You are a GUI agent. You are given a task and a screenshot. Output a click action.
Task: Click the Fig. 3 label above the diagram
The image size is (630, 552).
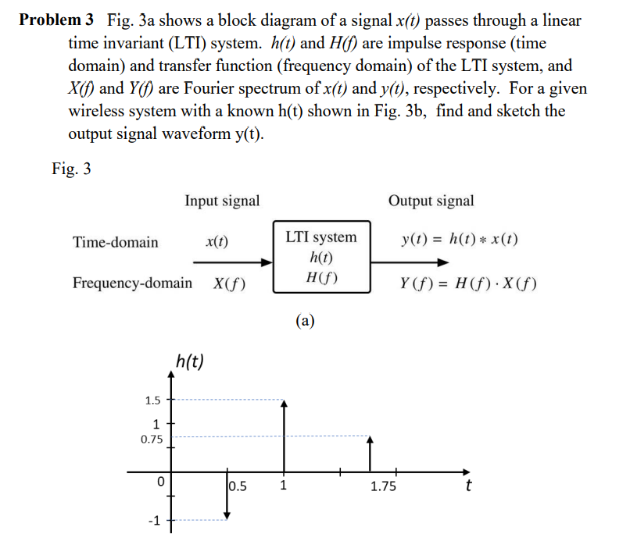click(71, 169)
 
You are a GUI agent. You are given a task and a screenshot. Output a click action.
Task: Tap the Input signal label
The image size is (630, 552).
click(222, 201)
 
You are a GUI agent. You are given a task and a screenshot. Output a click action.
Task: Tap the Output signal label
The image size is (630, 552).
click(431, 201)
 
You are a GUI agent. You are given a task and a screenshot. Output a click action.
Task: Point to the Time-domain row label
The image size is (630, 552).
click(115, 242)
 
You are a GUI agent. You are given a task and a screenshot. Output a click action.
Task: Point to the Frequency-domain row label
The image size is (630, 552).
click(132, 283)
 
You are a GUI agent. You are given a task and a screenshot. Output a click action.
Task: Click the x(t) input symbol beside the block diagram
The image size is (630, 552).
click(217, 241)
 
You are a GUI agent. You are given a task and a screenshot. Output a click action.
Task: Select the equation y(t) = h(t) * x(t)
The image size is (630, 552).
click(459, 240)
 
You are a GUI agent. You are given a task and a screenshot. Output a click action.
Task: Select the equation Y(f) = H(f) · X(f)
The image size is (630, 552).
click(467, 283)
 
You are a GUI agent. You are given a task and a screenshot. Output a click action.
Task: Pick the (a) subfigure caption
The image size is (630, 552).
click(305, 319)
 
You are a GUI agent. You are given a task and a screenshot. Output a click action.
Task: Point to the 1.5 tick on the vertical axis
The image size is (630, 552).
click(152, 401)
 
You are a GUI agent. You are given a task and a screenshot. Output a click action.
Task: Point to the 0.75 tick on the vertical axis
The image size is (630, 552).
click(151, 439)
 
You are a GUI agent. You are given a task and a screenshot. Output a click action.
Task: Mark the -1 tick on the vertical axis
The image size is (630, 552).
click(154, 520)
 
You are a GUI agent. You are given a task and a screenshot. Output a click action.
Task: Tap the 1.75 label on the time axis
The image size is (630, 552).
click(383, 487)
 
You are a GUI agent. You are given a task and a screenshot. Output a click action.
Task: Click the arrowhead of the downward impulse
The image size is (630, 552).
click(227, 516)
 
